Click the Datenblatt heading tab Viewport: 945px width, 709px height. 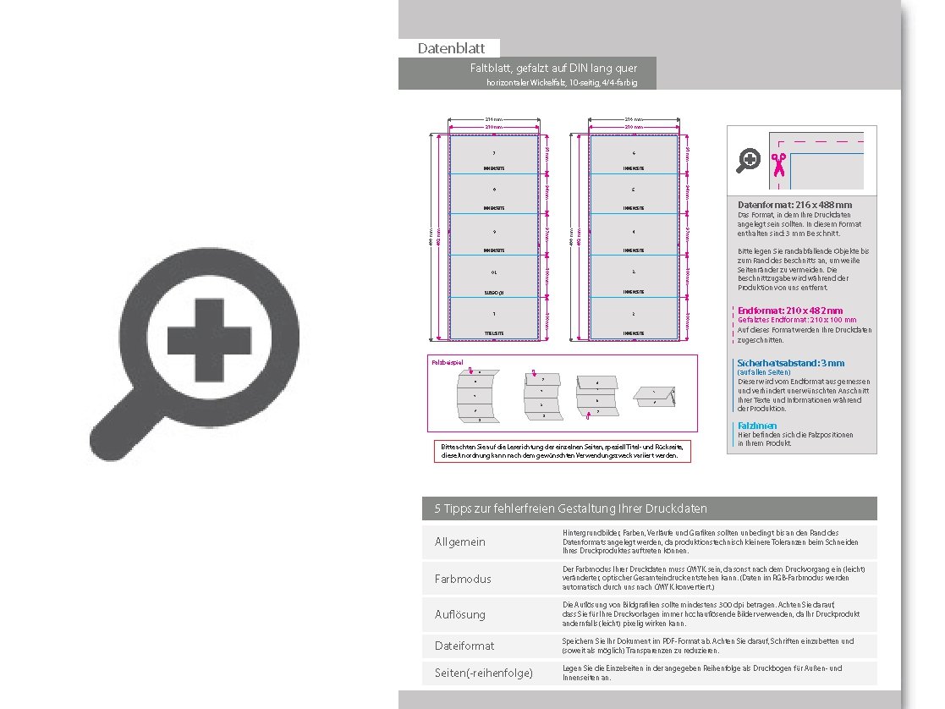(x=450, y=49)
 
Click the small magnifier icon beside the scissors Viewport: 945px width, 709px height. (x=749, y=160)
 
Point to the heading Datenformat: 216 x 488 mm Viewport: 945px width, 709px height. (x=794, y=205)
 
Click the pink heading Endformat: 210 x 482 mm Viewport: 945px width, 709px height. (x=790, y=311)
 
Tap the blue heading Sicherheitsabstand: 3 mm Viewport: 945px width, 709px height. (x=791, y=363)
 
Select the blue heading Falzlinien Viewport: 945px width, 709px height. (x=757, y=426)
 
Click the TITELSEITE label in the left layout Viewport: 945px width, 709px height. (x=494, y=333)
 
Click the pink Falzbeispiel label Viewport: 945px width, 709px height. (x=448, y=362)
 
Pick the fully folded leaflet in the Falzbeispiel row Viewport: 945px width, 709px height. (x=659, y=396)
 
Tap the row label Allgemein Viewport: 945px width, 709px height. (x=460, y=541)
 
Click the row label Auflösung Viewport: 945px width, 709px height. (x=460, y=614)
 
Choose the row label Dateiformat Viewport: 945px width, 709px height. (x=464, y=646)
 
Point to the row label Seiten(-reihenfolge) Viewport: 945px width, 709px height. (x=484, y=673)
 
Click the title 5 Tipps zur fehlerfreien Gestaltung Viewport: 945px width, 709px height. (x=570, y=508)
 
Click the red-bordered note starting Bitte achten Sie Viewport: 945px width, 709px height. (x=561, y=451)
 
